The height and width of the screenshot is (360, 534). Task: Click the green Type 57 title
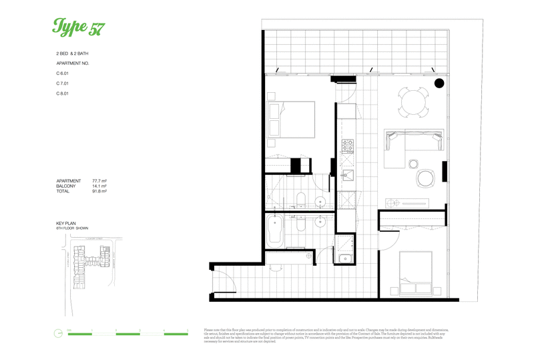pyautogui.click(x=78, y=27)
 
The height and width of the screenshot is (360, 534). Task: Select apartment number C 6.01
pyautogui.click(x=63, y=73)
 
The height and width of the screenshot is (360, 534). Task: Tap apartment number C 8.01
pyautogui.click(x=63, y=94)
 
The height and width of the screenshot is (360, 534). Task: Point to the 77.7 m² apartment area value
pyautogui.click(x=99, y=181)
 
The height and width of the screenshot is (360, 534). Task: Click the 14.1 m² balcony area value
pyautogui.click(x=99, y=186)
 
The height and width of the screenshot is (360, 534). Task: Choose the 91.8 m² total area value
pyautogui.click(x=99, y=192)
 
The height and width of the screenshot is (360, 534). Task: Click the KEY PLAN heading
pyautogui.click(x=67, y=224)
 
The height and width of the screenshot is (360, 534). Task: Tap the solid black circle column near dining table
pyautogui.click(x=439, y=83)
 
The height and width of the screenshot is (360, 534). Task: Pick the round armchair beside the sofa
pyautogui.click(x=426, y=178)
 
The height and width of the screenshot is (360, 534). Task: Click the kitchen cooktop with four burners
pyautogui.click(x=347, y=145)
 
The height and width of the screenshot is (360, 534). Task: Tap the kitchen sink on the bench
pyautogui.click(x=347, y=176)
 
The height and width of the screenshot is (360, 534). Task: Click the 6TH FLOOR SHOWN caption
pyautogui.click(x=73, y=228)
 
